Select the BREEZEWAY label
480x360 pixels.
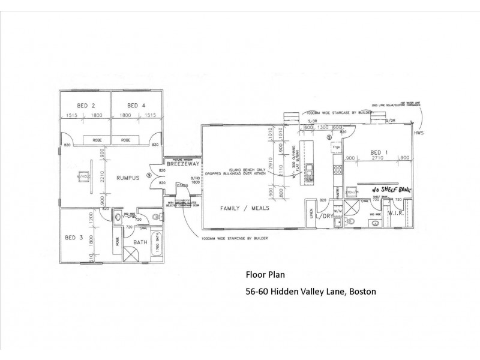[179, 163]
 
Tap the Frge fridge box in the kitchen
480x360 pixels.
[336, 147]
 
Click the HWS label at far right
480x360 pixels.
[418, 133]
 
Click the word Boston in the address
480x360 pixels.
[362, 292]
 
